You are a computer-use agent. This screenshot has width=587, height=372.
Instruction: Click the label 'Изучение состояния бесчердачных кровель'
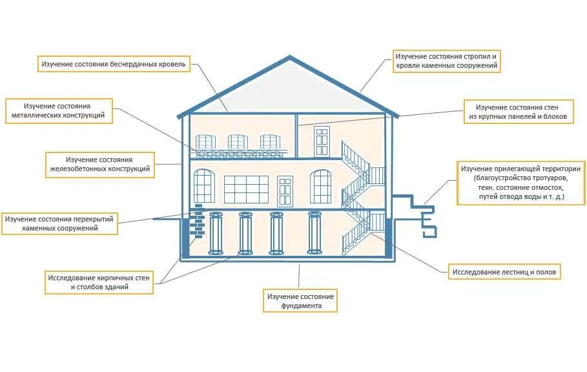coord(114,64)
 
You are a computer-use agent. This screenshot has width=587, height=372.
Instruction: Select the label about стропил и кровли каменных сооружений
coord(447,61)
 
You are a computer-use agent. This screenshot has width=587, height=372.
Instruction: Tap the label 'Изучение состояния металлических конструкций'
coord(59,111)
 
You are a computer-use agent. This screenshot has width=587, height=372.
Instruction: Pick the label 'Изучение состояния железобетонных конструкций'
coord(99,165)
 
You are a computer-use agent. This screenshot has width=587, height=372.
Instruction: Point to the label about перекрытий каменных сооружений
coord(60,223)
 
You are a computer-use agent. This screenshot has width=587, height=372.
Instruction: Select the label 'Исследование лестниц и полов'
coord(504,271)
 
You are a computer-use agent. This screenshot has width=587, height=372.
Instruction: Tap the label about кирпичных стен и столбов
coord(99,282)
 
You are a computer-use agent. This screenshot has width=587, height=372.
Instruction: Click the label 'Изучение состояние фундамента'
coord(300,300)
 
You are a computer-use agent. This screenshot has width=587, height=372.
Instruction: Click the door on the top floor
coord(321,141)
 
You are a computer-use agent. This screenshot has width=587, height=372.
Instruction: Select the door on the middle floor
coord(285,191)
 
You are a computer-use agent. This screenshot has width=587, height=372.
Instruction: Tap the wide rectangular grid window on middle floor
coord(246,189)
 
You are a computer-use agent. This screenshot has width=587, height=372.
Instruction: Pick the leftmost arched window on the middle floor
coord(203,186)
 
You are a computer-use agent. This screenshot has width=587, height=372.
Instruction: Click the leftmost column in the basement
coord(215,233)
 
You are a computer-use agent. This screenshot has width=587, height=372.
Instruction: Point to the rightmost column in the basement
coord(314,233)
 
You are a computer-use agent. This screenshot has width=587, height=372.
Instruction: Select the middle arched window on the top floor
coord(237,142)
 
